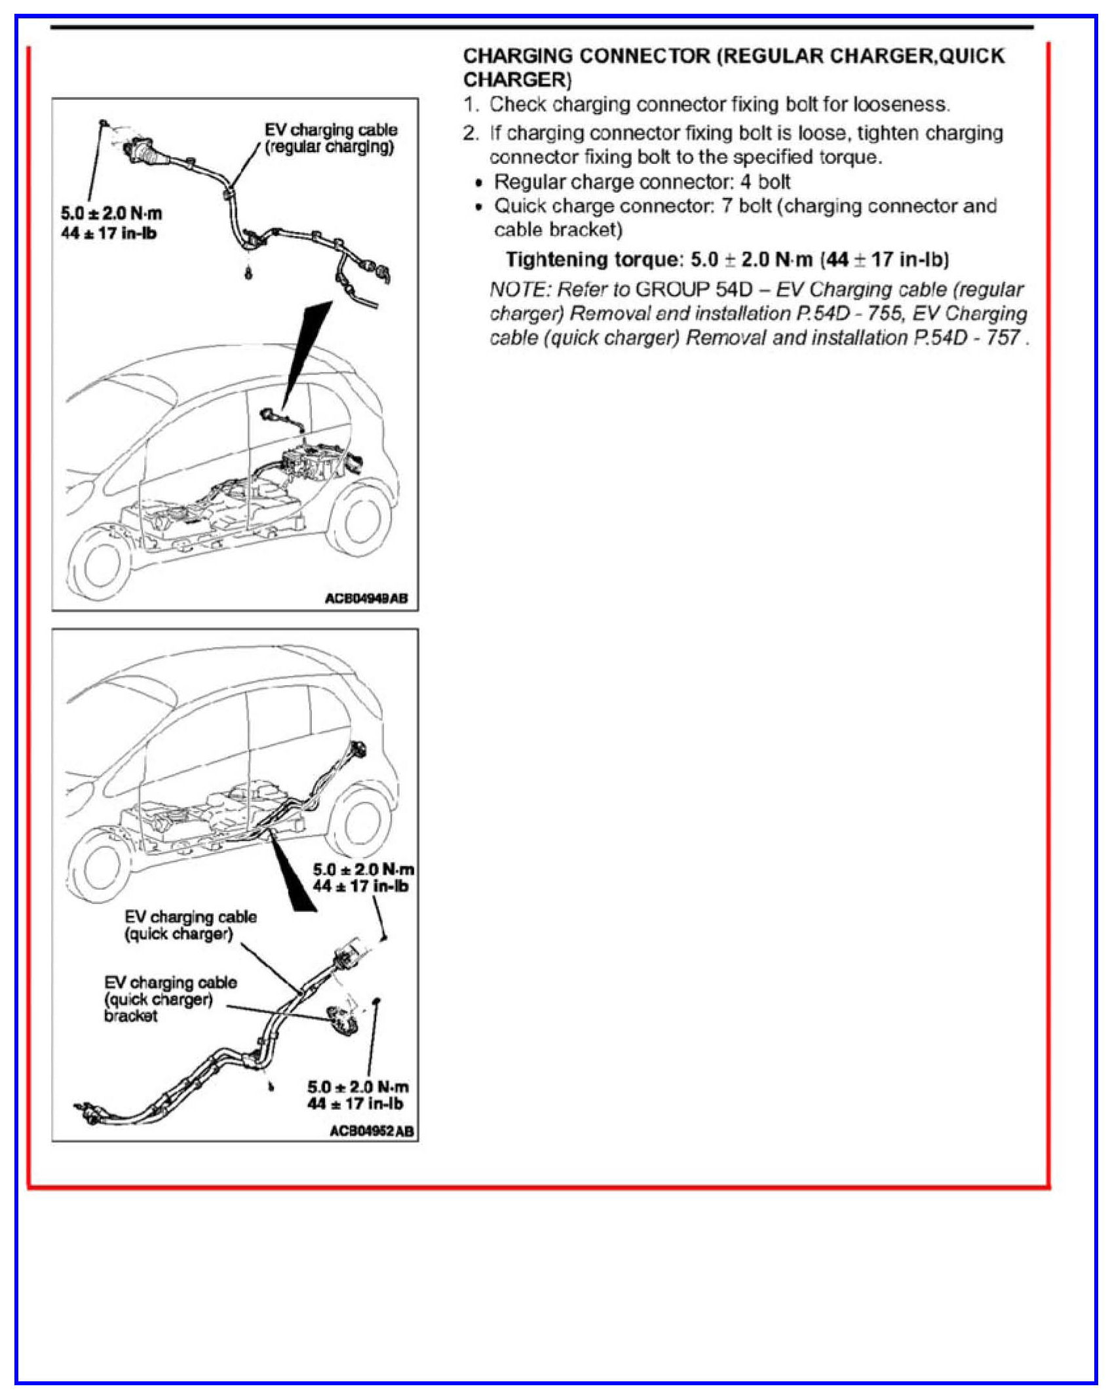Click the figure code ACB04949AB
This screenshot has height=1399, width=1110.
coord(366,598)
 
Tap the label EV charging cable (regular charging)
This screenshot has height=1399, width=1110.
coord(330,138)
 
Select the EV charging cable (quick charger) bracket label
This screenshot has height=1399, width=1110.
coord(170,998)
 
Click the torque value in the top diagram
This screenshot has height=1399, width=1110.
coord(111,223)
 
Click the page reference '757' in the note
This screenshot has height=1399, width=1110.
coord(1003,338)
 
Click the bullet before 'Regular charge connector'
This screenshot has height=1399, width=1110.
coord(479,183)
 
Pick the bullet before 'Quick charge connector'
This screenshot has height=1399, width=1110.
coord(479,207)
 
